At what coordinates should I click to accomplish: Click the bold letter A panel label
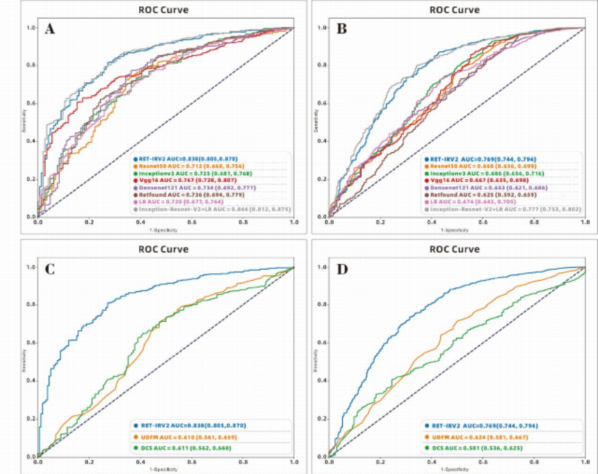50,29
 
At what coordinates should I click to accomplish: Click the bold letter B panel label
342,29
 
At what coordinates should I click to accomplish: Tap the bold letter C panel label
50,268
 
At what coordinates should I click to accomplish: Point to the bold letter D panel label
342,268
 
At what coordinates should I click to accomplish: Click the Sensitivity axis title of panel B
317,122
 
